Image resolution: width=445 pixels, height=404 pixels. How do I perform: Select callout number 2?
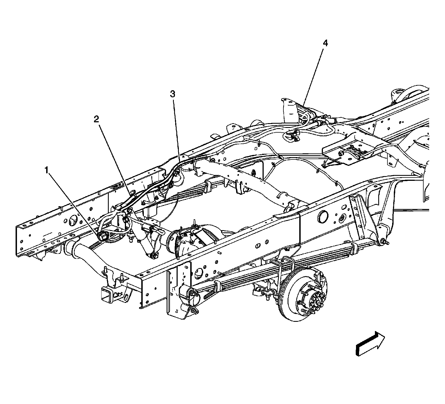tap(96, 119)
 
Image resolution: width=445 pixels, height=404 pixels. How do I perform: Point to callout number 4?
tap(325, 43)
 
